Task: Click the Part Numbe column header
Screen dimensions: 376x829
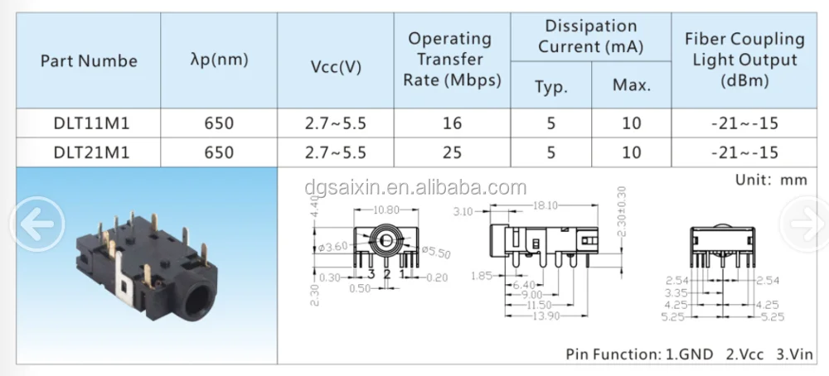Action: [89, 60]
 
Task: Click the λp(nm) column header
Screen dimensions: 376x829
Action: [219, 60]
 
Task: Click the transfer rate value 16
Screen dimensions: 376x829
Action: [452, 124]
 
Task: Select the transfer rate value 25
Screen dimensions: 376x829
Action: [452, 152]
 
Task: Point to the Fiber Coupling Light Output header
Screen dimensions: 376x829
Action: [744, 60]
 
